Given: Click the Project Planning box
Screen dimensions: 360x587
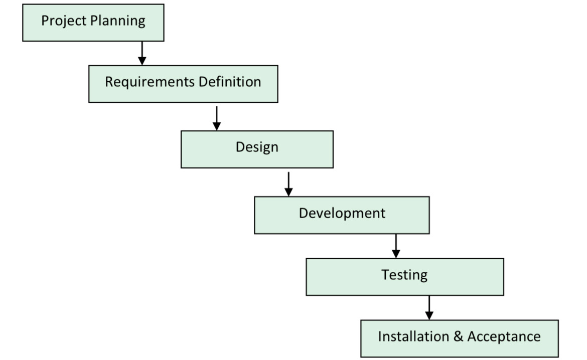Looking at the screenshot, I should (93, 23).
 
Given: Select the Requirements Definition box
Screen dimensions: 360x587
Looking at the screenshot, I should (183, 84).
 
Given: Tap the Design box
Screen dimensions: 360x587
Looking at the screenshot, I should (257, 149).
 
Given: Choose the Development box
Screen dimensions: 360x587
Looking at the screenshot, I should (342, 215).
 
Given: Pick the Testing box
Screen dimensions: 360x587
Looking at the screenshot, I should (405, 276).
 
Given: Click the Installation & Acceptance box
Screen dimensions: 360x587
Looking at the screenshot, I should (459, 338).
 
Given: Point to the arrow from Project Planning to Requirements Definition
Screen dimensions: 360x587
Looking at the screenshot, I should (142, 53).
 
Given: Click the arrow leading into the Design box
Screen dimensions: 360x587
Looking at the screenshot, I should (216, 118).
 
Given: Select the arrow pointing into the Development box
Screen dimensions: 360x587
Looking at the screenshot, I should (288, 184).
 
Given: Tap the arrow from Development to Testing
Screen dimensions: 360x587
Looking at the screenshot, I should (396, 246).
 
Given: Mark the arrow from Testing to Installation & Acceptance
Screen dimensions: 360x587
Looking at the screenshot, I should (429, 308).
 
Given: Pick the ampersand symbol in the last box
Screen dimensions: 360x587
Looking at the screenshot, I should (458, 336).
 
